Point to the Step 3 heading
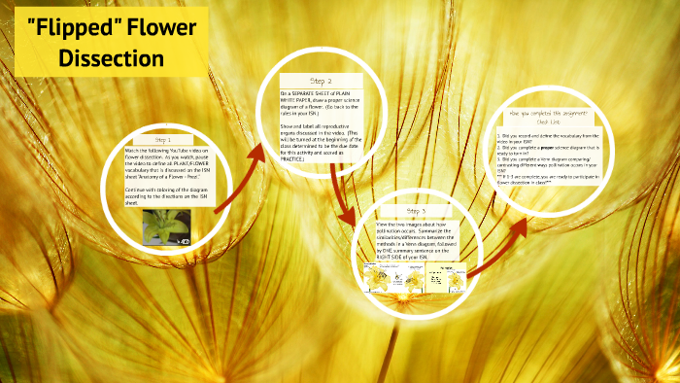coord(417,211)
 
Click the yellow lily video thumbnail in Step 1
coord(163,226)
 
